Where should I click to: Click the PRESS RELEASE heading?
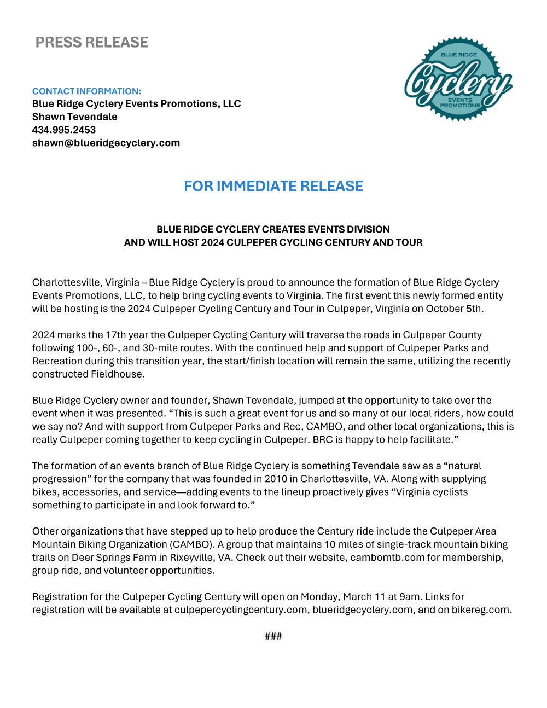(91, 42)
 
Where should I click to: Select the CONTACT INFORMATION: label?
(86, 91)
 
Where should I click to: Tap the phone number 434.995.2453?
(64, 130)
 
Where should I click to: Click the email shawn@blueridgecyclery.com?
(106, 143)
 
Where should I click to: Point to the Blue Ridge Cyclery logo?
(458, 79)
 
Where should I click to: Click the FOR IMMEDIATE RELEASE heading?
(273, 186)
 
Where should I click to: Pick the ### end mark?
(273, 636)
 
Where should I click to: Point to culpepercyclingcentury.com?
(241, 610)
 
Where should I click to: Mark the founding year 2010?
(276, 479)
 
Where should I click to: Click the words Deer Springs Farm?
(114, 558)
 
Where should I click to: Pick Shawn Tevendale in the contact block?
(74, 117)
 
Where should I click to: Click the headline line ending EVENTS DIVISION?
(273, 229)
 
